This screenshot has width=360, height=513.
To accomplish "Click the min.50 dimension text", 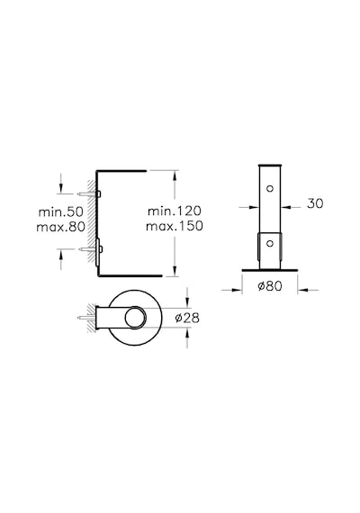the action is point(61,211).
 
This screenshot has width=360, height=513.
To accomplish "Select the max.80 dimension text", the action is point(61,227).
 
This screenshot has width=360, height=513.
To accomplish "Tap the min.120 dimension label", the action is point(175,211).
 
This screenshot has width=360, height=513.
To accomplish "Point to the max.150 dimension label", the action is point(175,226).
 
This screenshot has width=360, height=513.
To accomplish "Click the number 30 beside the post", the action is point(315,203).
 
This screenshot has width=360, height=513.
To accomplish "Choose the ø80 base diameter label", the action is point(270,286).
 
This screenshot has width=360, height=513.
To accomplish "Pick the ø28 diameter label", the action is point(187,318).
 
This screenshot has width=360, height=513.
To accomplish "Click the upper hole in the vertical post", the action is point(270,188).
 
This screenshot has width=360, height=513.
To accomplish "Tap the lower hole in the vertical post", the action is point(270,243).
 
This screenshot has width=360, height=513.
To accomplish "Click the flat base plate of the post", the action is point(270,270).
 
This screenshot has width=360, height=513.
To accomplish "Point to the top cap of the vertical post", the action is point(270,166).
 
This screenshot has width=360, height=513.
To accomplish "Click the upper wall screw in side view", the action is point(89,194).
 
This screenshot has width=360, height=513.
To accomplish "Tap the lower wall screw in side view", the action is point(90,249).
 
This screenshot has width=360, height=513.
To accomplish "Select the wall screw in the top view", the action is point(85,318).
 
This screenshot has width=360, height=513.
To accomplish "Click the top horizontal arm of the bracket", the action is point(121,171).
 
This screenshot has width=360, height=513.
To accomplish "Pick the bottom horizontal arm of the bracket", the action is point(130,275).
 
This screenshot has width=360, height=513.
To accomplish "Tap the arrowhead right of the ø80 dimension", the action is point(302,290).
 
